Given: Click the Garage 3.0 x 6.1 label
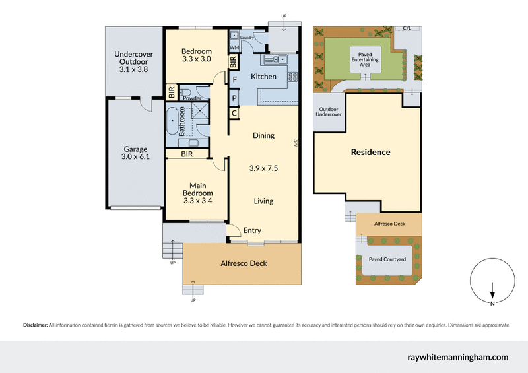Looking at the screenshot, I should pos(136,153).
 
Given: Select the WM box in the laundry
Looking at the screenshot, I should pos(234,48).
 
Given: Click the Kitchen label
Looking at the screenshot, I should pos(264,77).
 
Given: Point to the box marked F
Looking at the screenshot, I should pos(234,79).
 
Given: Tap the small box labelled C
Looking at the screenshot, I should pos(234,113).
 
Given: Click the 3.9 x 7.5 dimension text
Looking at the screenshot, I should pos(263,168).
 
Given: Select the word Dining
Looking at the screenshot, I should pos(263,135).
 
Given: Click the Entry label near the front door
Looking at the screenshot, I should pos(252,230).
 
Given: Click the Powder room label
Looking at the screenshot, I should pos(192,98).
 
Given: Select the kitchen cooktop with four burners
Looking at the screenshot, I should pos(293,75).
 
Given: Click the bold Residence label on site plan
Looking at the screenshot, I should pos(370,152).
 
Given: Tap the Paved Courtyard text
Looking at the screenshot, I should pos(387,259).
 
